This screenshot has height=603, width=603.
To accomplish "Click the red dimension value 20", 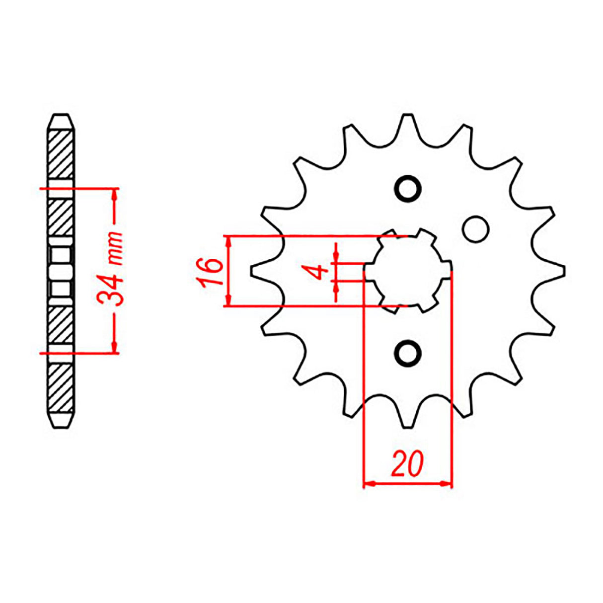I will (407, 464).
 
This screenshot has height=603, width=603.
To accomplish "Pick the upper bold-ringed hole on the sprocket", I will (408, 188).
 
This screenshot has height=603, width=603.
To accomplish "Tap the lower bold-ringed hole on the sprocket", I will (408, 354).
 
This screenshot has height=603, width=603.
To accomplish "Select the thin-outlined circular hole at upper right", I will (475, 229).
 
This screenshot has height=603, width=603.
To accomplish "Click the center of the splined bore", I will (408, 271).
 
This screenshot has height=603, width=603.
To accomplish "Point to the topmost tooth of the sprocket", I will (408, 122).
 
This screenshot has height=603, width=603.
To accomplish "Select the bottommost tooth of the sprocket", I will (408, 421).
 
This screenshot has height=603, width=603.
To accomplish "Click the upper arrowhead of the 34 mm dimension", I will (115, 193).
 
